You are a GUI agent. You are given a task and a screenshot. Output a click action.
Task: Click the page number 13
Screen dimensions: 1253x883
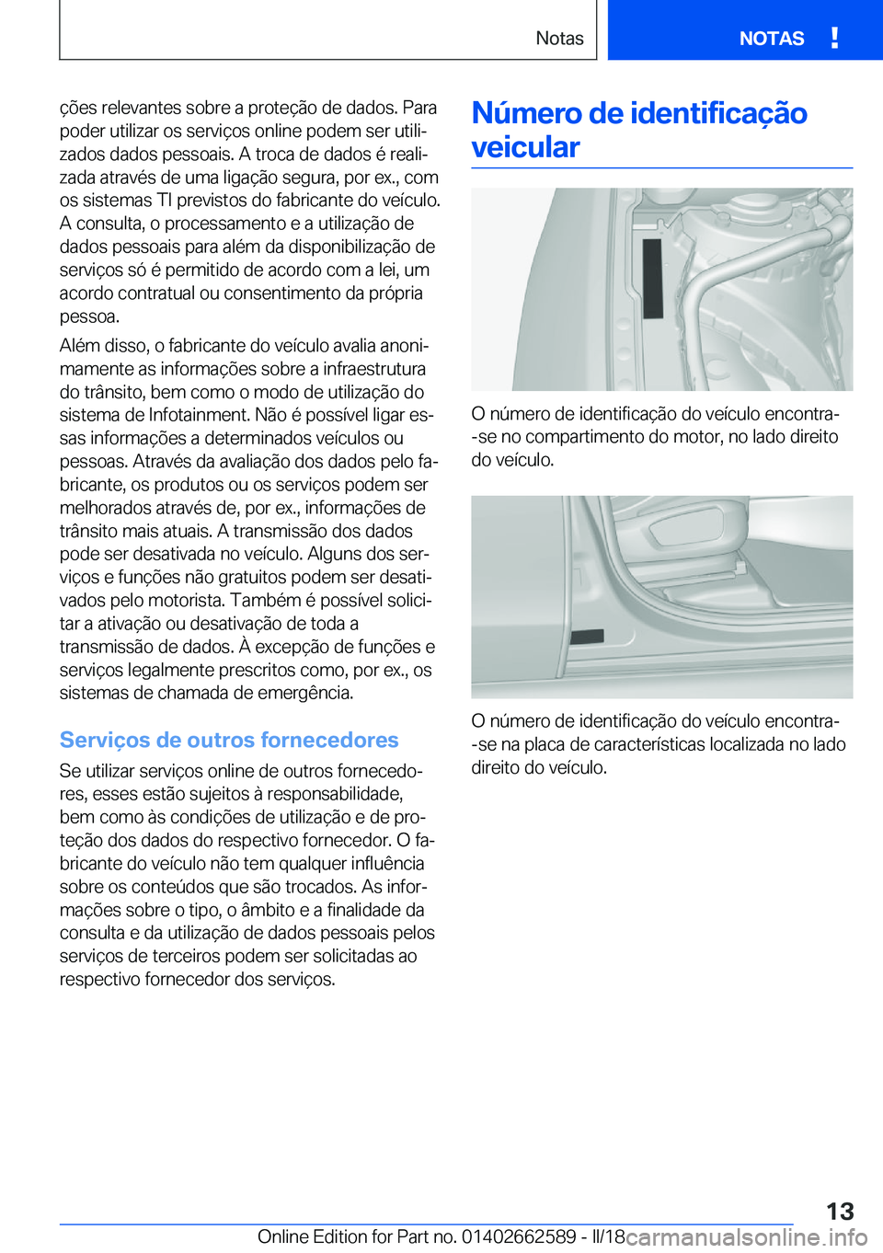[839, 1211]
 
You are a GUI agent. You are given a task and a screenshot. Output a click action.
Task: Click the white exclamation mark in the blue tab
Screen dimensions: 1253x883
[833, 38]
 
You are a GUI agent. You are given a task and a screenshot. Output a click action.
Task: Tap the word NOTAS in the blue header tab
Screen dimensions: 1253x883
[771, 39]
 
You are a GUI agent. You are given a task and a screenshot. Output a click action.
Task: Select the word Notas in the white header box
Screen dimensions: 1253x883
[559, 39]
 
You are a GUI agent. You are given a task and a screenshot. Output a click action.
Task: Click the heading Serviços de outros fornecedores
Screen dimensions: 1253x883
[229, 740]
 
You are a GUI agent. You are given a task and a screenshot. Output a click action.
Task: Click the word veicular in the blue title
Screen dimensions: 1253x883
[525, 147]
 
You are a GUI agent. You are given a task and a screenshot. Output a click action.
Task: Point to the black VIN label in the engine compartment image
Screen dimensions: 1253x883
[652, 279]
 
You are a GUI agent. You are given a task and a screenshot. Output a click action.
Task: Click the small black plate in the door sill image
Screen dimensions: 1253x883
[587, 637]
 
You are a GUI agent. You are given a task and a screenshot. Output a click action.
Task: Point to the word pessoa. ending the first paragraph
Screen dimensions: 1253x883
[89, 316]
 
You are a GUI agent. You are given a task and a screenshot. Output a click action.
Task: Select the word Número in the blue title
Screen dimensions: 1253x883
[526, 113]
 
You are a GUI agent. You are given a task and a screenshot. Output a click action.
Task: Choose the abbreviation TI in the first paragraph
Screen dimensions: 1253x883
[165, 201]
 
